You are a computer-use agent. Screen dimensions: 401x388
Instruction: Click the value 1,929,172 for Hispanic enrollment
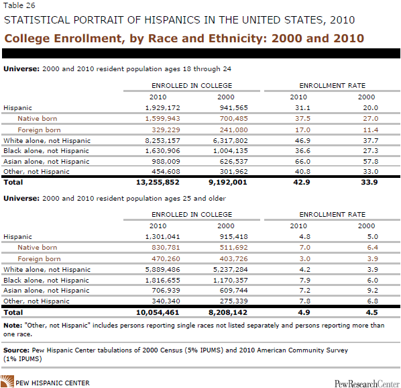pyautogui.click(x=163, y=108)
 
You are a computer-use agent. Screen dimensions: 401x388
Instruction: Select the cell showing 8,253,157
pyautogui.click(x=163, y=140)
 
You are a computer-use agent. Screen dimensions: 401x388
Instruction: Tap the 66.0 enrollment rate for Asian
pyautogui.click(x=302, y=162)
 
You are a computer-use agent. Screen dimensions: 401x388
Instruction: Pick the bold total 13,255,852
pyautogui.click(x=158, y=182)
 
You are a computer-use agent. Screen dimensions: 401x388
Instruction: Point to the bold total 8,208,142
pyautogui.click(x=228, y=313)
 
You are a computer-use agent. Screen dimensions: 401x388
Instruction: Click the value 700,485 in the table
pyautogui.click(x=234, y=119)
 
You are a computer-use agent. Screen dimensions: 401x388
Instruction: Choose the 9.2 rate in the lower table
pyautogui.click(x=373, y=291)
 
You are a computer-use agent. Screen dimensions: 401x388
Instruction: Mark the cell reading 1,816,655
pyautogui.click(x=163, y=280)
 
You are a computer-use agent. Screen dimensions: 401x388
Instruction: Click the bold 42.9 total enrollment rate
pyautogui.click(x=302, y=182)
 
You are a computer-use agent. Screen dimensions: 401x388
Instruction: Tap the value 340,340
pyautogui.click(x=166, y=301)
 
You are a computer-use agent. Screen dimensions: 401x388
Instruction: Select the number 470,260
pyautogui.click(x=166, y=258)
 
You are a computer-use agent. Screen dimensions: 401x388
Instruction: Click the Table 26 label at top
pyautogui.click(x=19, y=5)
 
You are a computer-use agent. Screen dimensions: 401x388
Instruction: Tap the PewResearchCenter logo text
pyautogui.click(x=367, y=384)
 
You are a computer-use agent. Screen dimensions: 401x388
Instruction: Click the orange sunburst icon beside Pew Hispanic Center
pyautogui.click(x=7, y=381)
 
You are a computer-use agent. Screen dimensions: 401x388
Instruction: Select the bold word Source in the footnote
pyautogui.click(x=16, y=350)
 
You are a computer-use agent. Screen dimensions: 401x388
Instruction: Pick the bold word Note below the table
pyautogui.click(x=13, y=326)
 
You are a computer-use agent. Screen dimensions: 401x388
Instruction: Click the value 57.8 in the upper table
pyautogui.click(x=371, y=162)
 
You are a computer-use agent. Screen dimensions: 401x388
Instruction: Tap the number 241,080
pyautogui.click(x=234, y=130)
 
